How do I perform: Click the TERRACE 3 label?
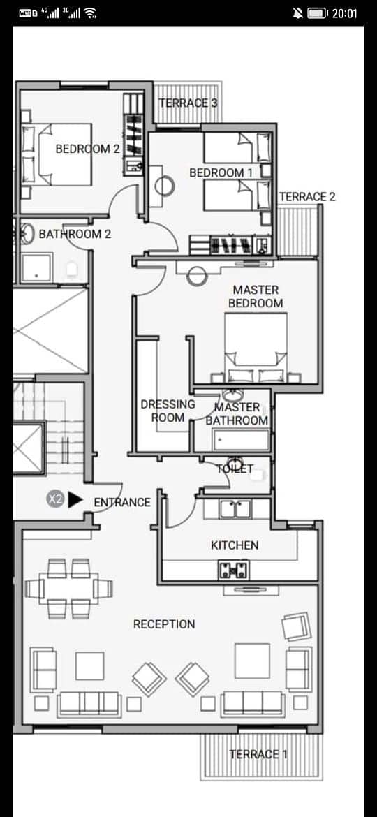[188, 103]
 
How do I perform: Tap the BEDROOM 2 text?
[87, 149]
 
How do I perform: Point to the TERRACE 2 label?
[307, 197]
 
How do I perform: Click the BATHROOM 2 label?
[75, 234]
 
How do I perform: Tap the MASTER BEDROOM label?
[256, 297]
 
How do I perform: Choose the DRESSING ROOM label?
[168, 411]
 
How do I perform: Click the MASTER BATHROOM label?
[237, 413]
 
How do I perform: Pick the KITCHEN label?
[235, 545]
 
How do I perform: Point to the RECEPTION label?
[164, 624]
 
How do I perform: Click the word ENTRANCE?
[122, 502]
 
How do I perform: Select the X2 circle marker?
[55, 499]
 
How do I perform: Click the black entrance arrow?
[75, 499]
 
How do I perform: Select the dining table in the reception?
[68, 588]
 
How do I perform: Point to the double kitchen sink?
[235, 508]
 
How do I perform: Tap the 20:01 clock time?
[345, 13]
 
